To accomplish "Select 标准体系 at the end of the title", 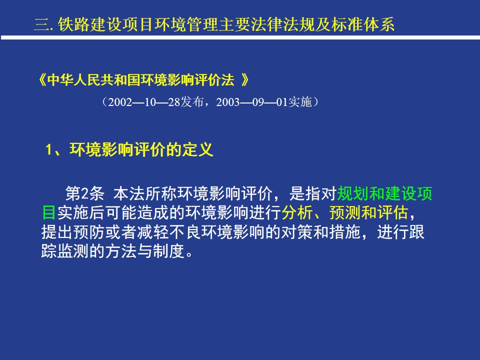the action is (363, 24).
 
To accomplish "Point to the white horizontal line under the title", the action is (240, 37).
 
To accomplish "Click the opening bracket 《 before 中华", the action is (42, 80).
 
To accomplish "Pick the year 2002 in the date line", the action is (120, 102).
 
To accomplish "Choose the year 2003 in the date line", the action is (228, 102).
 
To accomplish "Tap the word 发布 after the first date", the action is (192, 102).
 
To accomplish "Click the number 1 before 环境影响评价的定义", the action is (48, 150).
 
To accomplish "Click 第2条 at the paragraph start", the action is (85, 193).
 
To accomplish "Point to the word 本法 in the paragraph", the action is (129, 193).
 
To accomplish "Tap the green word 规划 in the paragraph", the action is (353, 193).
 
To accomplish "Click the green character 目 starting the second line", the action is (49, 213).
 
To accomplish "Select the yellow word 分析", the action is (297, 213).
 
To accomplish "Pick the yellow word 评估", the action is (393, 213).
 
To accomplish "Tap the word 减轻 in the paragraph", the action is (153, 232).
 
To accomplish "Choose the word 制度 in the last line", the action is (169, 251).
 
